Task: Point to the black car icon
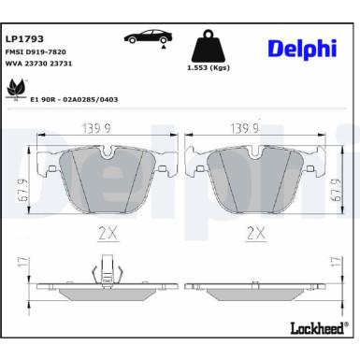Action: point(145,36)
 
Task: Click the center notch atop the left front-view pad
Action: point(105,150)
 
